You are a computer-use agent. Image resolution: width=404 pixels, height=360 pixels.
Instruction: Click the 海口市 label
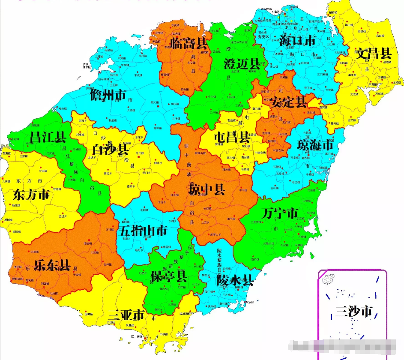[x=297, y=41]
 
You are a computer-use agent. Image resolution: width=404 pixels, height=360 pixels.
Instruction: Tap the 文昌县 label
[x=374, y=54]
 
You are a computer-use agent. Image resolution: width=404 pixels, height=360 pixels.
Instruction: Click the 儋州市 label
[x=108, y=95]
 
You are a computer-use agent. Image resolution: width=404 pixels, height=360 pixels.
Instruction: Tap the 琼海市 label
[x=315, y=145]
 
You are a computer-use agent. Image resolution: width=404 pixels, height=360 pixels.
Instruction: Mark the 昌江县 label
[x=48, y=138]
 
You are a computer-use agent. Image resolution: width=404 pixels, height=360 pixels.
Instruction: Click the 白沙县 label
[x=110, y=150]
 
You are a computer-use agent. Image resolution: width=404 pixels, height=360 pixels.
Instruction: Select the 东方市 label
[x=31, y=195]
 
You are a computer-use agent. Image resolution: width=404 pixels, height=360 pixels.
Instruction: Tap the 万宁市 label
[x=280, y=213]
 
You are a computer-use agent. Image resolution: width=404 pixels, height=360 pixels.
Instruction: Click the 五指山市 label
[x=144, y=231]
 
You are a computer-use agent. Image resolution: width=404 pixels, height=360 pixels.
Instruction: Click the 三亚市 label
[x=126, y=315]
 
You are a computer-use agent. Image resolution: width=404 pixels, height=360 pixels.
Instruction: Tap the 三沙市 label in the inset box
[x=353, y=312]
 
